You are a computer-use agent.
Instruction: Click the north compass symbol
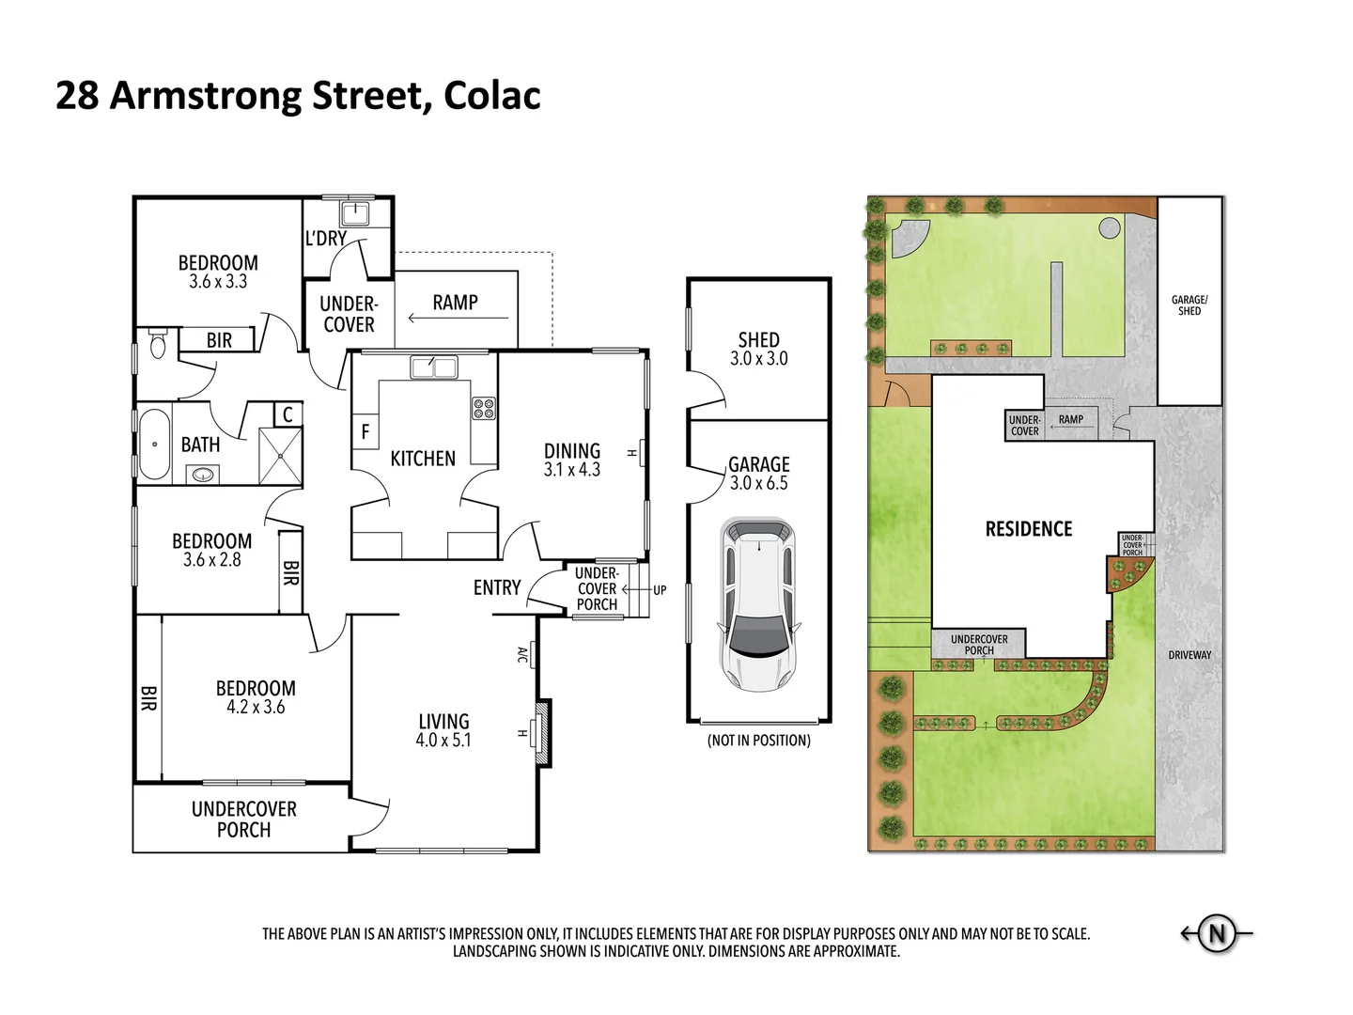1217,934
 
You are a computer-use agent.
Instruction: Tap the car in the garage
756,601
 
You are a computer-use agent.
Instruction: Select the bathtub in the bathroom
151,445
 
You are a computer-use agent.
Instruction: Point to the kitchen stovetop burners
484,408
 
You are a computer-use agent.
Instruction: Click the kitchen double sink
433,367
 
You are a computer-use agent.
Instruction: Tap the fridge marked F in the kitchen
365,432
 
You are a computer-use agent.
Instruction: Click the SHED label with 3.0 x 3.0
758,349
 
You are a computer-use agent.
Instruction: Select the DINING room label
571,451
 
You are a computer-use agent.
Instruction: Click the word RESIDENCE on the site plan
1028,529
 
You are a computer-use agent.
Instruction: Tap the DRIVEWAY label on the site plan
1190,655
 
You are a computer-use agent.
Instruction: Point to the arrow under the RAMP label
458,318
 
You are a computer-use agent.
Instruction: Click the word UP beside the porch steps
660,590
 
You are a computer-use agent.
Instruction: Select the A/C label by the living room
522,654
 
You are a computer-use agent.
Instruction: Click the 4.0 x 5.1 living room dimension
443,741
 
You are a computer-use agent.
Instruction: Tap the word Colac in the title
491,96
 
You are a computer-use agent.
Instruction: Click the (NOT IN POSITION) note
758,741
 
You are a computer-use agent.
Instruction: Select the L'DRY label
325,239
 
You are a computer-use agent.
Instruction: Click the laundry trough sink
356,212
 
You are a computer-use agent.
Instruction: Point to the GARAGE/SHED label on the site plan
1190,305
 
